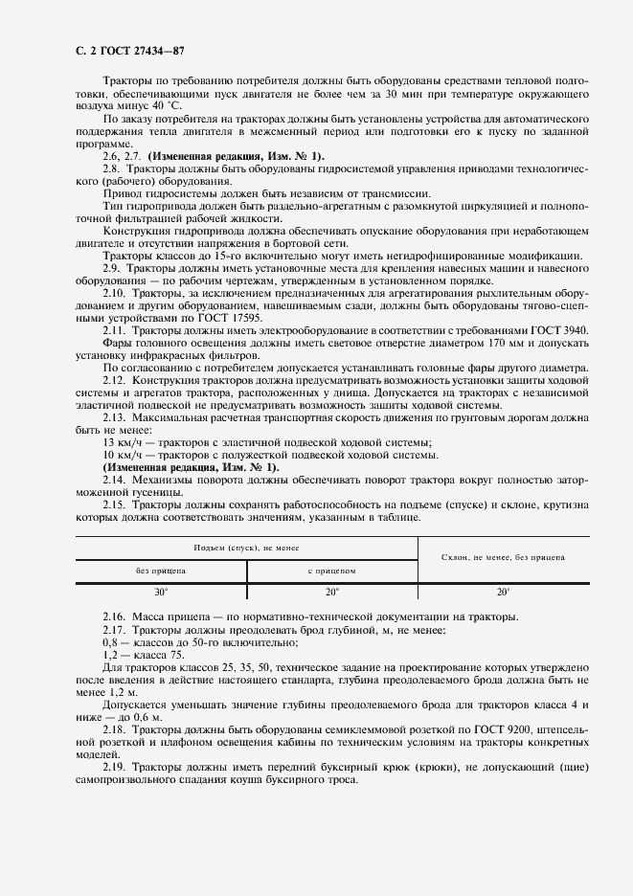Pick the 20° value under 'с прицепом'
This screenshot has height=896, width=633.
[x=331, y=593]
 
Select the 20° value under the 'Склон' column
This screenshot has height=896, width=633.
[x=503, y=593]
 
